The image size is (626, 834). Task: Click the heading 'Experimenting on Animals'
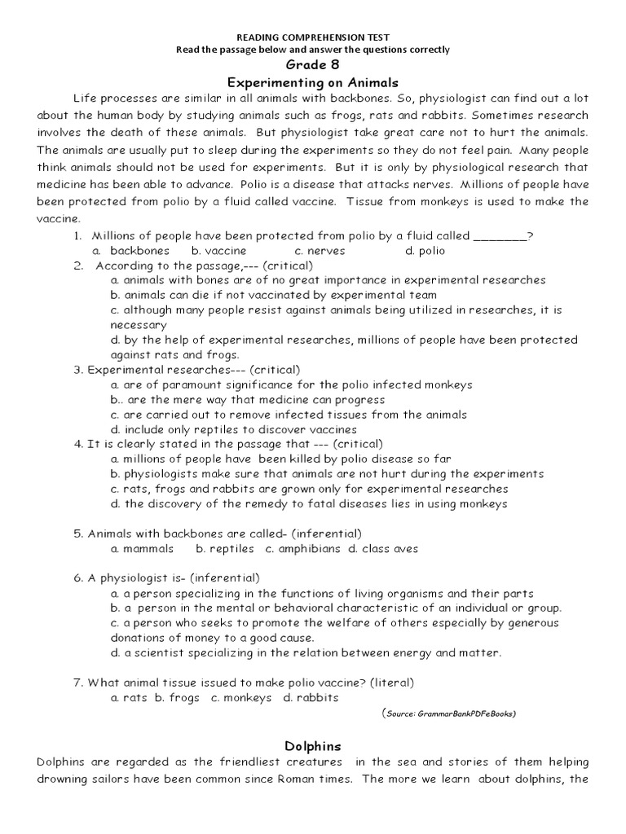point(312,82)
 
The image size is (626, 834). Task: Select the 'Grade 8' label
point(312,64)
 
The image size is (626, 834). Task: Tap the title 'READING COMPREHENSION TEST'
point(312,37)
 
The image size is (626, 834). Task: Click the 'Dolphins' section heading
point(313,745)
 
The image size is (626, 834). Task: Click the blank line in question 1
point(500,236)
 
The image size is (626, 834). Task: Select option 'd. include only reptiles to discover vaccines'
point(234,429)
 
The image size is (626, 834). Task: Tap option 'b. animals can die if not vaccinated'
point(274,295)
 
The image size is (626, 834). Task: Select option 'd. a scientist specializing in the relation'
point(306,652)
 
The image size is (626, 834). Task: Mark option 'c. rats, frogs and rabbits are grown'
point(310,489)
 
